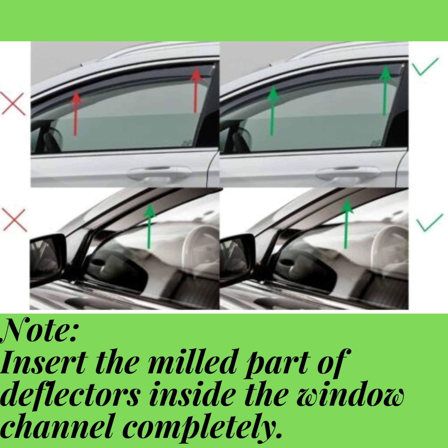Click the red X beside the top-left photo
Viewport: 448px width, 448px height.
13,104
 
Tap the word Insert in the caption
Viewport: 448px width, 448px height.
43,363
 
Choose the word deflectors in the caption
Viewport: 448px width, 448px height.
70,395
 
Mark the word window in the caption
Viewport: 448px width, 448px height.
350,395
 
